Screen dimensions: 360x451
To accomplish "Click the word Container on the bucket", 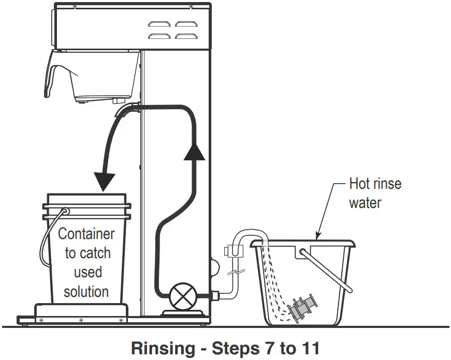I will (x=86, y=234).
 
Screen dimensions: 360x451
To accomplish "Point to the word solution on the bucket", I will (x=86, y=291).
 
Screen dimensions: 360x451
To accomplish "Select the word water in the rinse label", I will (x=365, y=202).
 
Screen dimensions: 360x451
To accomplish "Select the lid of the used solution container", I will (x=86, y=199).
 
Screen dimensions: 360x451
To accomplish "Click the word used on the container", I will (x=87, y=272).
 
